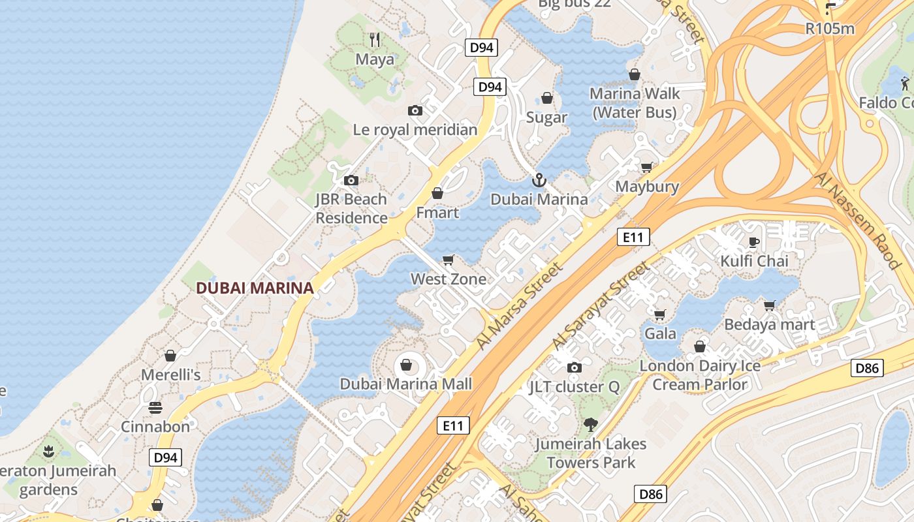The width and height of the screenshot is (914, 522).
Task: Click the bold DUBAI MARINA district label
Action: click(255, 288)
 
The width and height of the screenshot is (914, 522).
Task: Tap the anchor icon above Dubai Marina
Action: click(539, 180)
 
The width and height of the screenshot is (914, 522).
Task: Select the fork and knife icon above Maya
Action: click(375, 40)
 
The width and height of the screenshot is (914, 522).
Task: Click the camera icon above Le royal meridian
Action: click(415, 111)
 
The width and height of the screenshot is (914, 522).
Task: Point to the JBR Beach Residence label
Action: click(351, 209)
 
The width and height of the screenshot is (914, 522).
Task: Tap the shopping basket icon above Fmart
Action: click(437, 194)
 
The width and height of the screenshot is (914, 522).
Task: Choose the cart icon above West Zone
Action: click(449, 260)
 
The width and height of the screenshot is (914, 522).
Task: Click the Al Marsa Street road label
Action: click(520, 305)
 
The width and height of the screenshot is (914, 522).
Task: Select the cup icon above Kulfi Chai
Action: click(754, 243)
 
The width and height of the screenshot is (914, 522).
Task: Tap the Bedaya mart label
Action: click(770, 324)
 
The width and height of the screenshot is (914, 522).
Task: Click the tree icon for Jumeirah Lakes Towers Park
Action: click(591, 425)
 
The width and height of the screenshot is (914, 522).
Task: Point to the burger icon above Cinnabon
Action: click(155, 408)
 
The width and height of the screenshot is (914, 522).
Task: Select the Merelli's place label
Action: click(171, 375)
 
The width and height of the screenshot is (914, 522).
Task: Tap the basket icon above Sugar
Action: click(547, 99)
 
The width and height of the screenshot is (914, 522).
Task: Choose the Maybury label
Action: click(647, 187)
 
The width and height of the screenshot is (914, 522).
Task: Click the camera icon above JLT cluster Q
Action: click(575, 368)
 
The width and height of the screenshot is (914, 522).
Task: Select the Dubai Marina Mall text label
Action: click(405, 384)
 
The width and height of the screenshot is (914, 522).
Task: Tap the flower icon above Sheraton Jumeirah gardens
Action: click(48, 451)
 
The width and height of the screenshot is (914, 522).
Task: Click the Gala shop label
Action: click(660, 334)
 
